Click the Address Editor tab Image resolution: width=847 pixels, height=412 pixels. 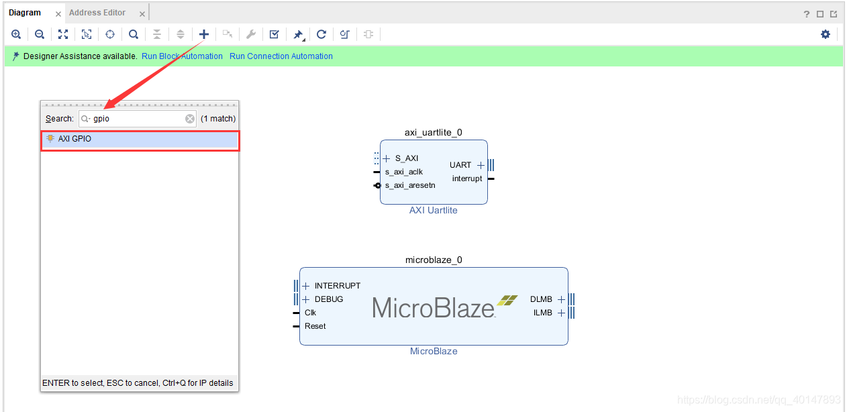coord(97,13)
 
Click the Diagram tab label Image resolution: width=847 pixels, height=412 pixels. coord(25,13)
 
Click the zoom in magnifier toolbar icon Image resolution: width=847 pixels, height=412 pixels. coord(16,34)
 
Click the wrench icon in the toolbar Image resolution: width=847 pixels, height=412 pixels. coord(251,34)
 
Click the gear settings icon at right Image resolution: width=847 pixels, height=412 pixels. coord(826,34)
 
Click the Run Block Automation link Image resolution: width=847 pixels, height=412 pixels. coord(182,56)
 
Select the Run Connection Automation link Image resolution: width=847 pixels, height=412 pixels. coord(281,56)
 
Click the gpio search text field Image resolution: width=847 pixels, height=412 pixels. coord(138,119)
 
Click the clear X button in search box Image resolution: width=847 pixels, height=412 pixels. coord(190,119)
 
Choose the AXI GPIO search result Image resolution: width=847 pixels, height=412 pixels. coord(74,139)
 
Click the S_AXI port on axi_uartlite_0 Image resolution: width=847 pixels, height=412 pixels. coord(406,158)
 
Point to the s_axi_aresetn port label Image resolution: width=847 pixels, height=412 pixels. coord(409,185)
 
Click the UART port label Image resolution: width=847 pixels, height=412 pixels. coord(460,165)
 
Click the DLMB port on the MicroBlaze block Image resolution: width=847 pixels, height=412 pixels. coord(541,299)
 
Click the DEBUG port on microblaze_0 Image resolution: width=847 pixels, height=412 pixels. coord(328,299)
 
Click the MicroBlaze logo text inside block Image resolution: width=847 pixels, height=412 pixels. coord(434,308)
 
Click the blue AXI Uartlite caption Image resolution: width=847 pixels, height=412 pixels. coord(433,210)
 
